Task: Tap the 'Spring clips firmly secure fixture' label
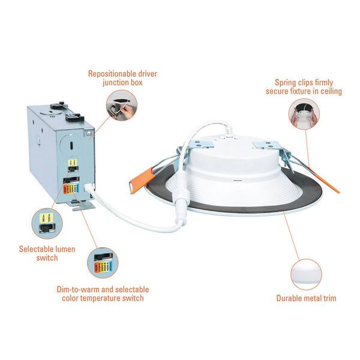[304, 86]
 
